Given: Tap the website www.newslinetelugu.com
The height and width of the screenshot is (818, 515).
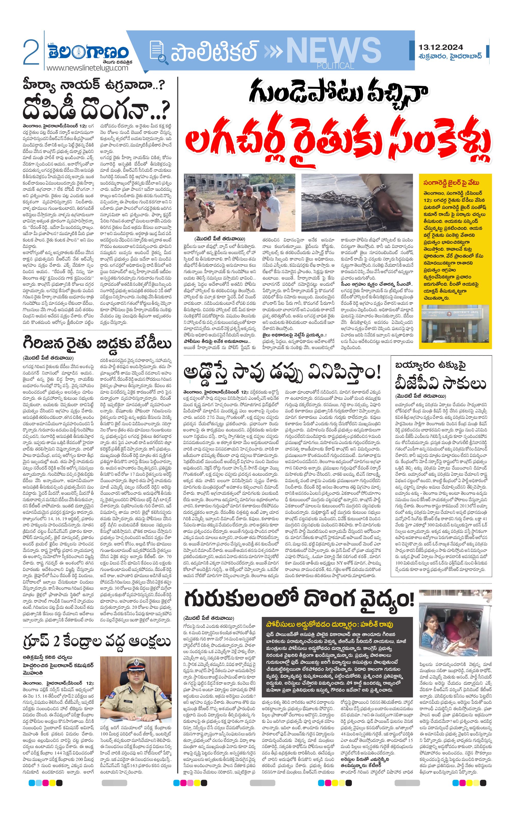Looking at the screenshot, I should (x=87, y=68).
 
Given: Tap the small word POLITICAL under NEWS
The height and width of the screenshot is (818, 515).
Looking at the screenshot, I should (x=335, y=66).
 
